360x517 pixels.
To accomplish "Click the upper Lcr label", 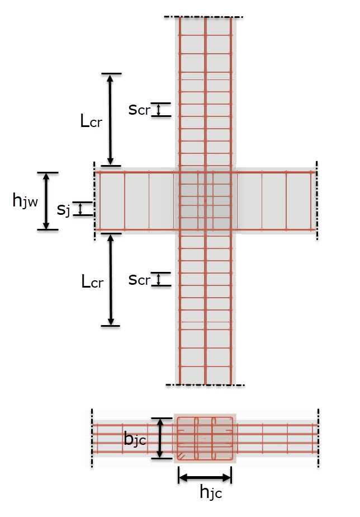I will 91,121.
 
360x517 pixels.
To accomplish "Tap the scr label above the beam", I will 139,110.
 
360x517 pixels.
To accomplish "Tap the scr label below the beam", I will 139,279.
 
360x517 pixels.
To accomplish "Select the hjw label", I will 25,201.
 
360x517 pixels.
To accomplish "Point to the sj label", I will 64,210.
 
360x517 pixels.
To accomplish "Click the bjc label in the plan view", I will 135,440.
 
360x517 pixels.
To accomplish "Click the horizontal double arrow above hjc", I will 204,477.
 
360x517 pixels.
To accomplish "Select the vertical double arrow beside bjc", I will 160,438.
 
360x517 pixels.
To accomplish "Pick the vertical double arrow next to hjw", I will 47,201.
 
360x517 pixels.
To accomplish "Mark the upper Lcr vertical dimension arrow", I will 111,119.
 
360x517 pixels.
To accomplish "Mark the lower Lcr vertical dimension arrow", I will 111,279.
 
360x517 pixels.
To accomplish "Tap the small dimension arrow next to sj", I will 81,209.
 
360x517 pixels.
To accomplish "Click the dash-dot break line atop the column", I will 203,17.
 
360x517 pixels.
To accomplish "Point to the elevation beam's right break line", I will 317,200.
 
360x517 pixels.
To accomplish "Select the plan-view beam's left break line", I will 92,438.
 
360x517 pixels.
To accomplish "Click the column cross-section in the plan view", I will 205,438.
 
